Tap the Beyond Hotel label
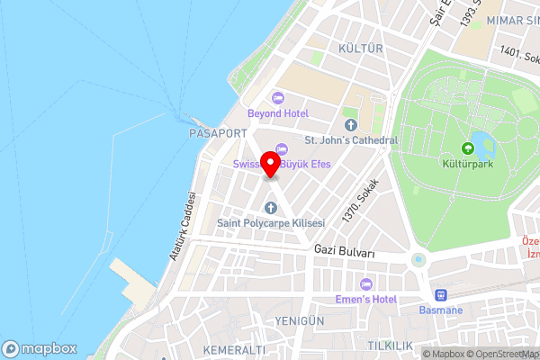pos(278,113)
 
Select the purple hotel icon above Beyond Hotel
pos(277,97)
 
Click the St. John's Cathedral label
pos(350,140)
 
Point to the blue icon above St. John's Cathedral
pos(350,124)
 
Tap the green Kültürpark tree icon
pos(467,148)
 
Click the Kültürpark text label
pos(467,166)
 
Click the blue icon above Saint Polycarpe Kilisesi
pos(268,208)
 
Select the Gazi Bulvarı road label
pos(344,253)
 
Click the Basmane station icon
pos(441,294)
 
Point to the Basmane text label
pos(441,310)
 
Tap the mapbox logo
pos(39,348)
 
